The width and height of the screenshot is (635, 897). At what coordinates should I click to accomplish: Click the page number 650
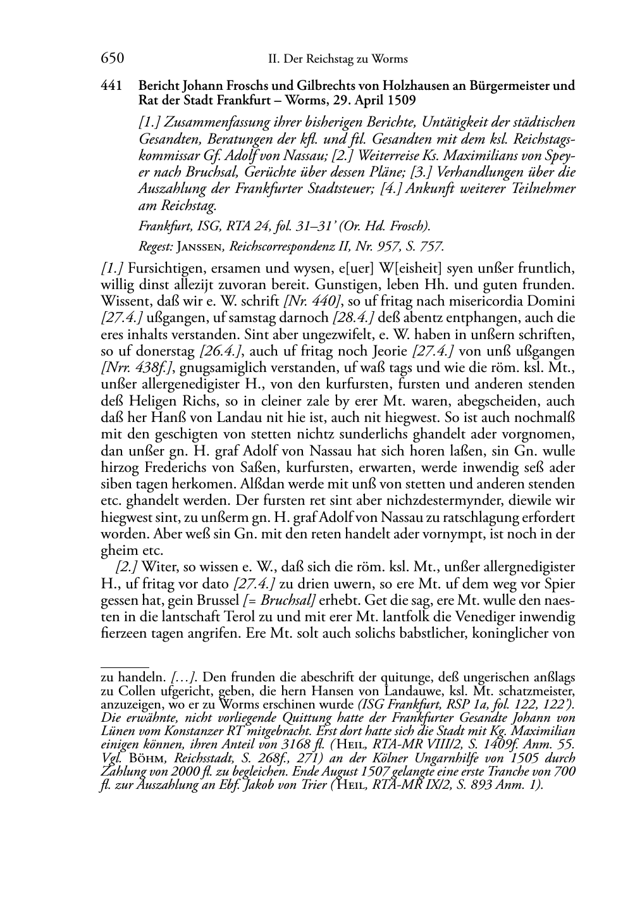click(x=112, y=59)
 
